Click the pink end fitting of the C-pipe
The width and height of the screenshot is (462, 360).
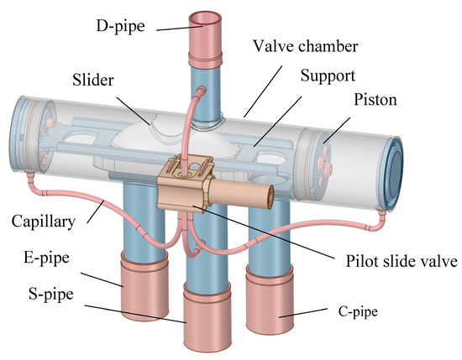pyautogui.click(x=277, y=310)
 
